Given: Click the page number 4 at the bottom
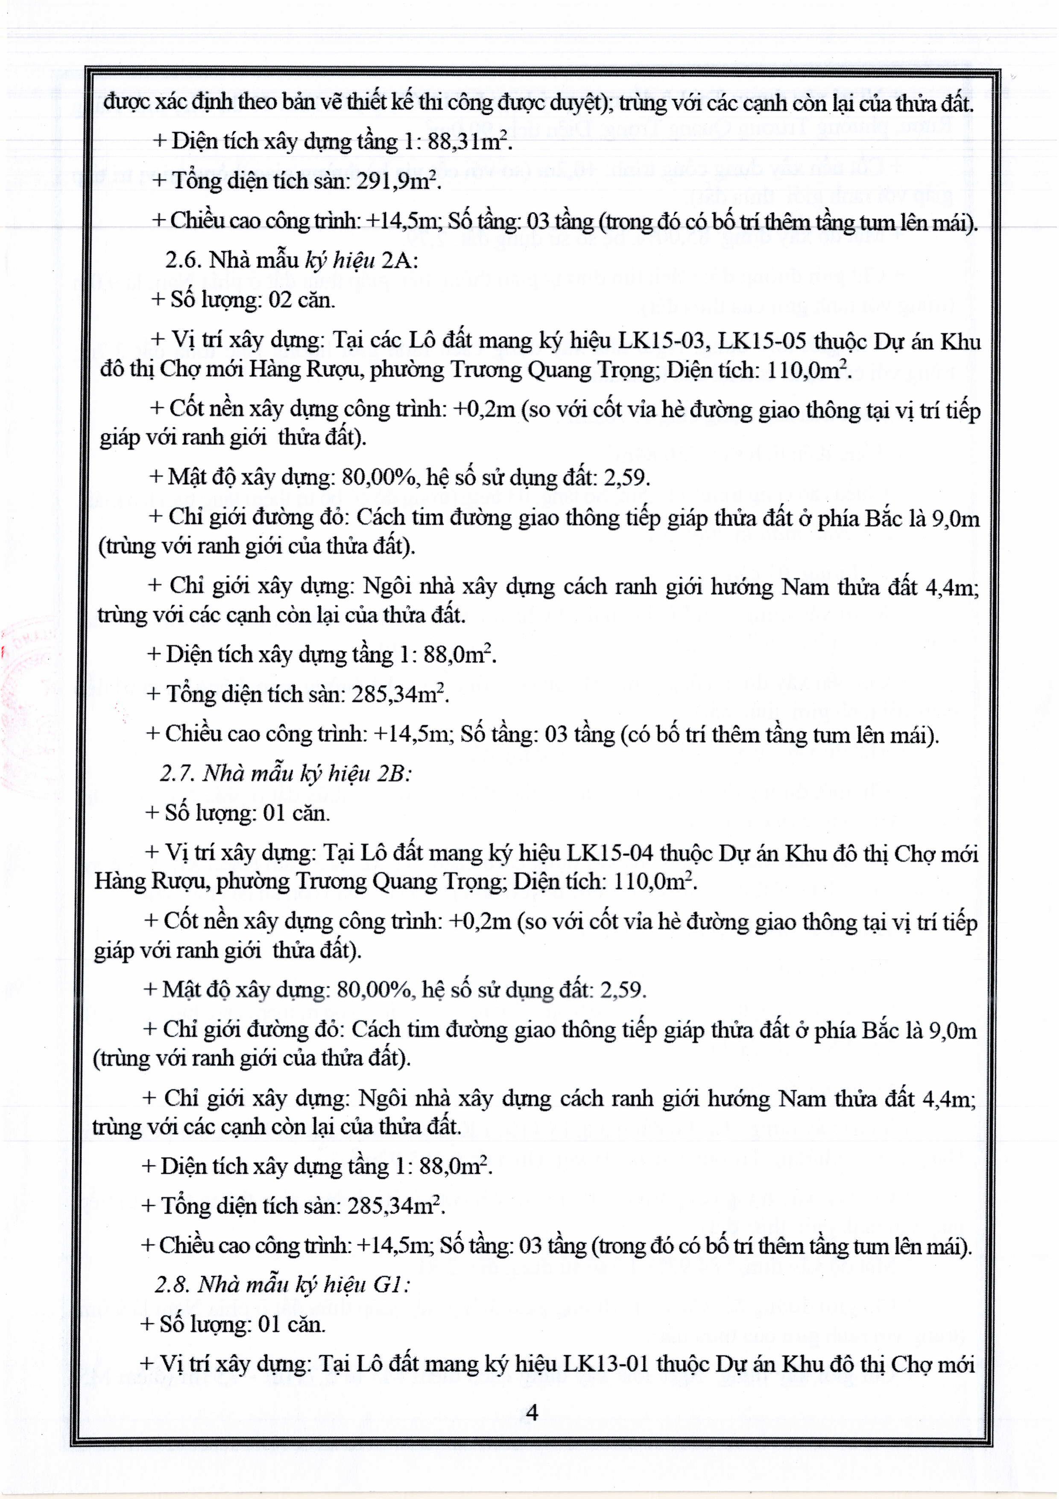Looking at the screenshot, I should click(532, 1412).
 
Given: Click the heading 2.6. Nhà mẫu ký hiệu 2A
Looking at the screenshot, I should click(291, 261).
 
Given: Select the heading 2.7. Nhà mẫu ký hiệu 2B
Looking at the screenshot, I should click(285, 773).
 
